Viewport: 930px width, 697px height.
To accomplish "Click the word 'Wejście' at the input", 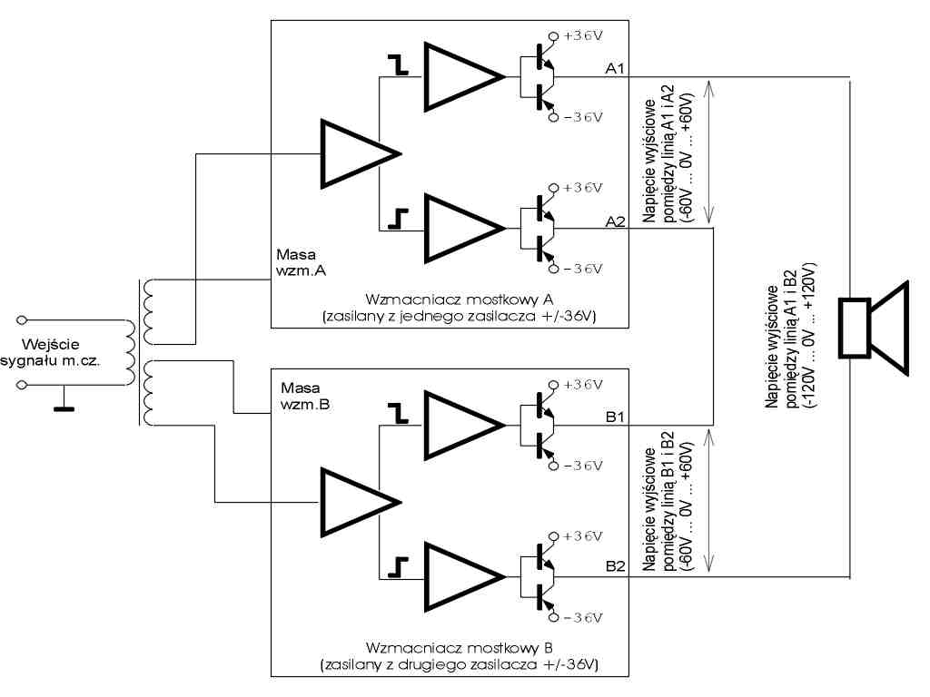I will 57,344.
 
